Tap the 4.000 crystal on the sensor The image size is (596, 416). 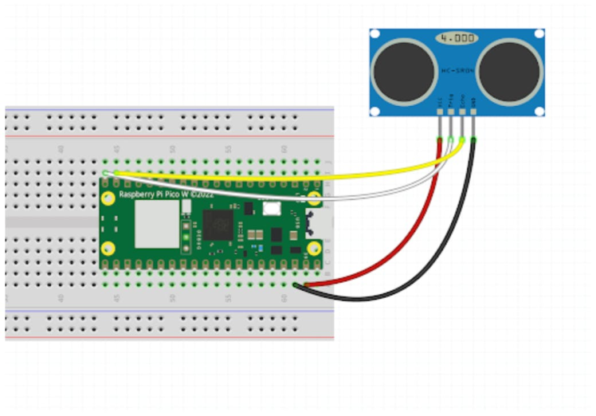(x=457, y=37)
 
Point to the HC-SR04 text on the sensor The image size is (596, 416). (x=457, y=71)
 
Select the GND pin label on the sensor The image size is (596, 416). (x=474, y=101)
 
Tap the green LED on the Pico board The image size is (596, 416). (x=186, y=237)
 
